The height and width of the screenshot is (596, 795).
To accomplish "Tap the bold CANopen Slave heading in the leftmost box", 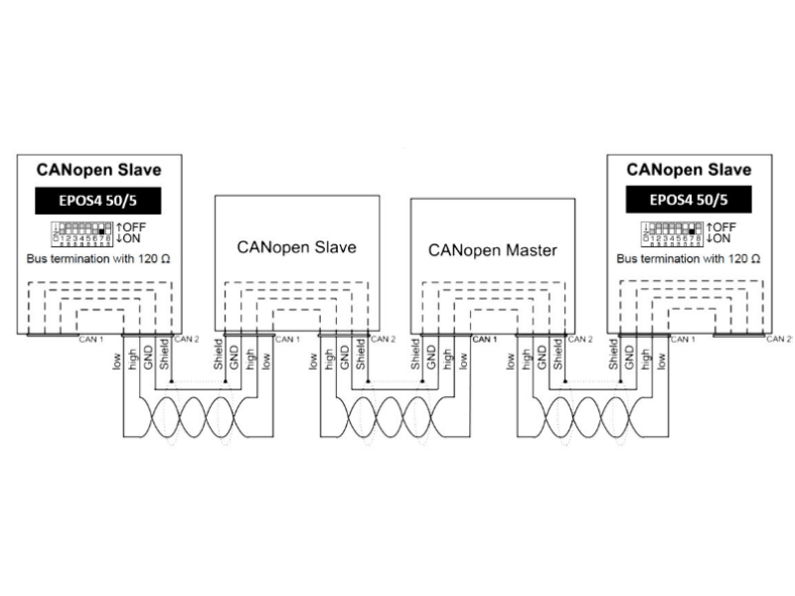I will click(98, 170).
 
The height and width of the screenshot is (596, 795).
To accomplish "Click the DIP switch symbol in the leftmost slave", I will click(83, 233).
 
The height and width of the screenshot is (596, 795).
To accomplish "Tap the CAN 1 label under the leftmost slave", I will click(91, 340).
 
